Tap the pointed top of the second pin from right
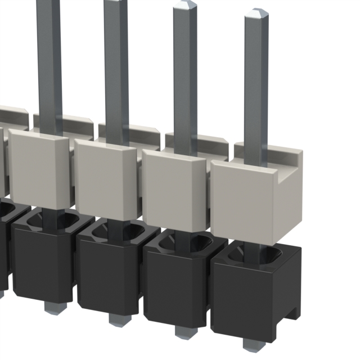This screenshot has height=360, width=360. coord(184,6)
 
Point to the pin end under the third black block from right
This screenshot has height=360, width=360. coord(116,319)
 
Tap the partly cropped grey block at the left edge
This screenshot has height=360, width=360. coord(3,163)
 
